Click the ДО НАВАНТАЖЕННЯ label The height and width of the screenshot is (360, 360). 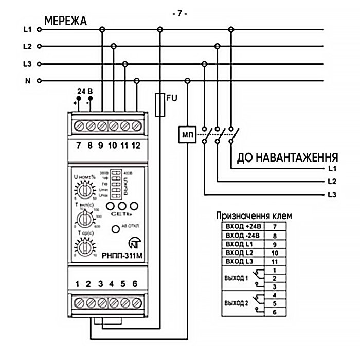pos(287,157)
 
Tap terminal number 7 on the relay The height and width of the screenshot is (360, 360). pos(78,145)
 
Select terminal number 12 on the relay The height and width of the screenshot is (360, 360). pos(136,145)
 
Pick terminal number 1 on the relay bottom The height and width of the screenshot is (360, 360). pos(78,284)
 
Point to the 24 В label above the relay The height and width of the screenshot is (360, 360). pos(85,91)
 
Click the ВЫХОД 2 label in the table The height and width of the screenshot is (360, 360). pos(237,303)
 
